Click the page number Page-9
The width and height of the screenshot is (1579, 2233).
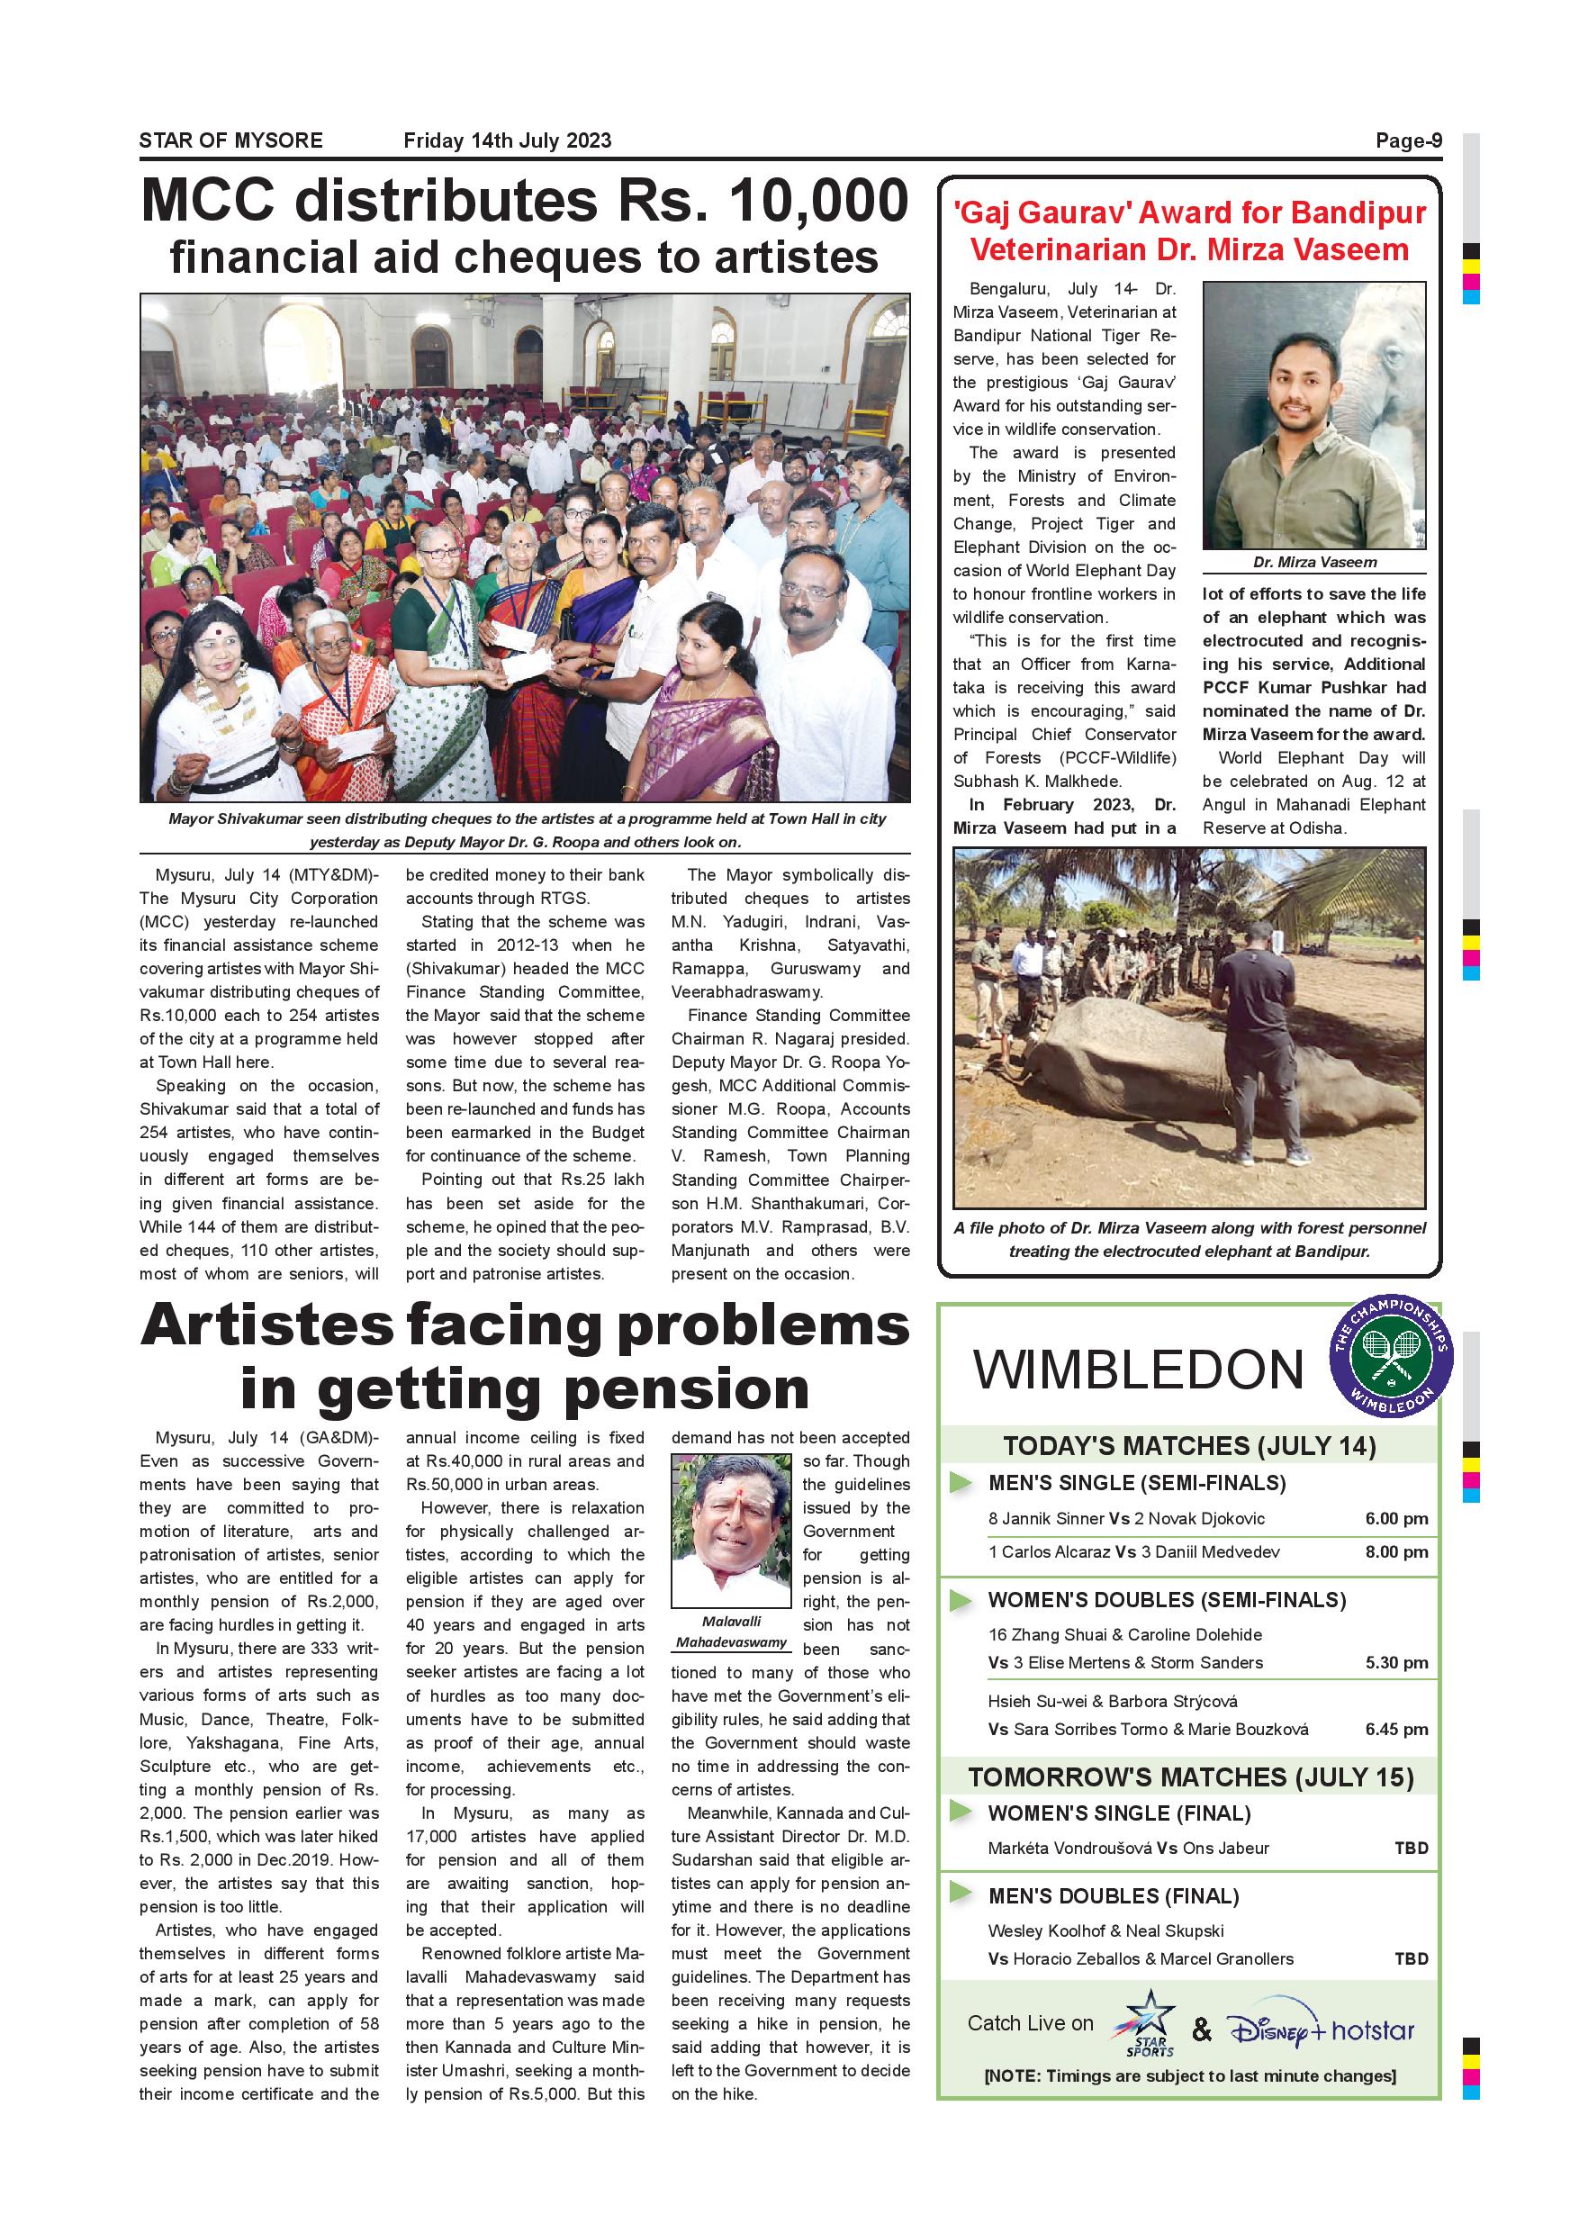tap(1408, 141)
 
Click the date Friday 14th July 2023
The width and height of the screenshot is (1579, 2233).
tap(507, 141)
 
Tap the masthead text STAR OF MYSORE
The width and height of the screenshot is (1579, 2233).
tap(230, 141)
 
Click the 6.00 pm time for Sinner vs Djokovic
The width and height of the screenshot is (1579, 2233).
tap(1395, 1518)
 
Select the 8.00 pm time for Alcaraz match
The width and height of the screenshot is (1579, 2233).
tap(1395, 1551)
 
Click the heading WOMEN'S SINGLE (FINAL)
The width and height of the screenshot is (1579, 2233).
tap(1118, 1813)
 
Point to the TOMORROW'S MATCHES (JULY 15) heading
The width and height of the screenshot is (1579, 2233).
tap(1190, 1777)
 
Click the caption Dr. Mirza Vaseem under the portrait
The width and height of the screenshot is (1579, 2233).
tap(1313, 562)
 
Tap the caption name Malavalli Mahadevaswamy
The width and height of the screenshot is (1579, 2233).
tap(731, 1631)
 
